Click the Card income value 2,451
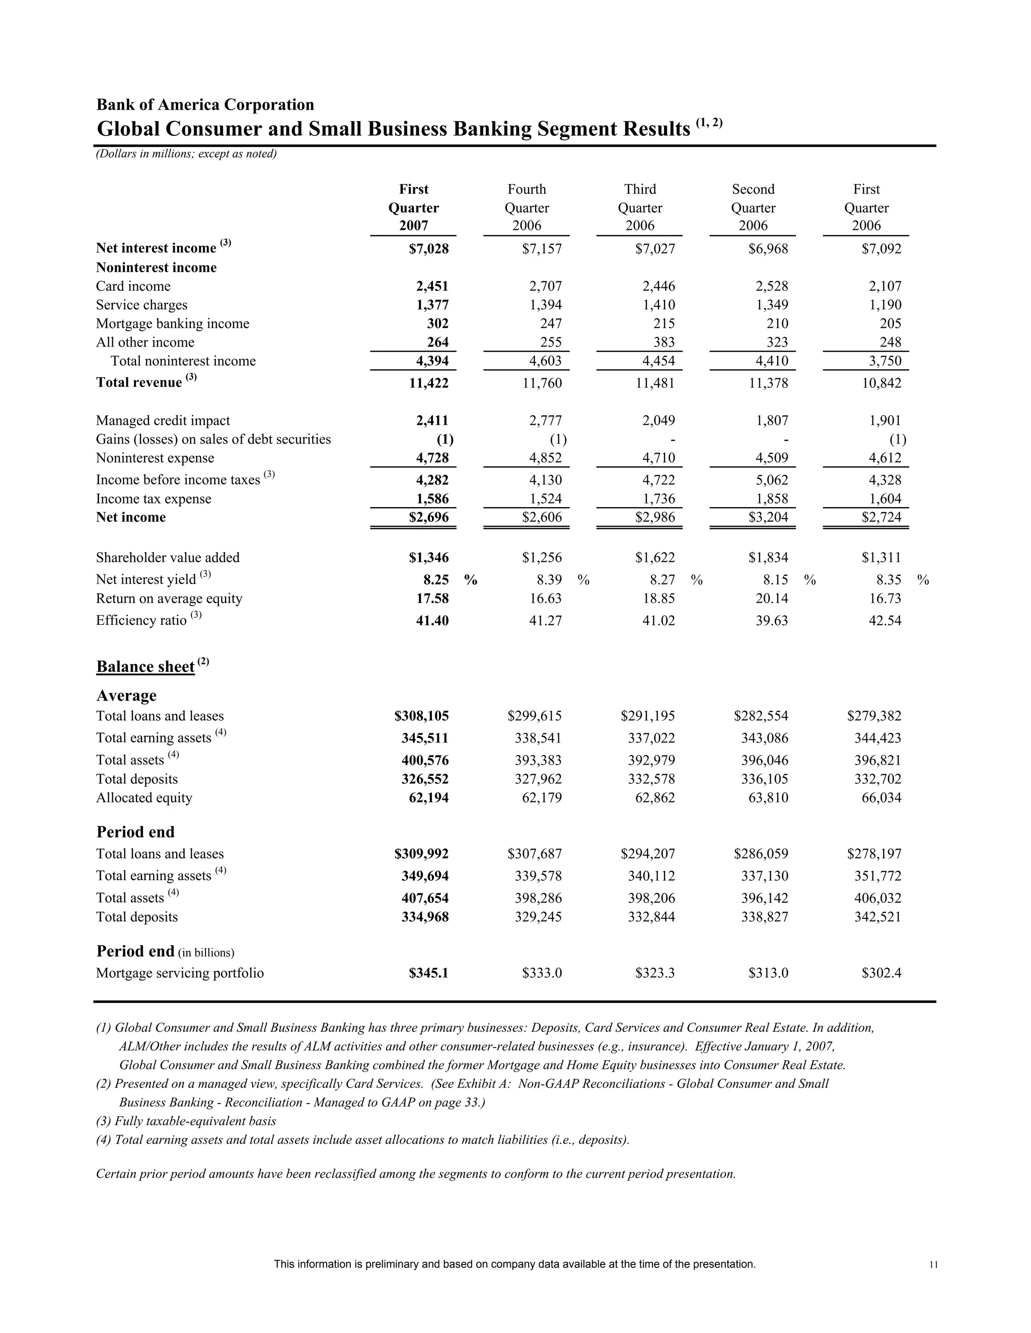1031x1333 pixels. [432, 286]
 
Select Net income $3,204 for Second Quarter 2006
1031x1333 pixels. [768, 518]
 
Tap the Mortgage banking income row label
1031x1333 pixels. [172, 323]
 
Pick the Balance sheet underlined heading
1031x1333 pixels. [145, 666]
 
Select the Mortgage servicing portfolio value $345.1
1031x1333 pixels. [429, 973]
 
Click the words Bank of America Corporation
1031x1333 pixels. [205, 105]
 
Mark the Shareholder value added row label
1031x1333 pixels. [168, 557]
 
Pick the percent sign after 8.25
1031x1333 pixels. [470, 580]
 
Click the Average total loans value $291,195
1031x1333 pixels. [647, 716]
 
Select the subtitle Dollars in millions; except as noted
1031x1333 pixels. [186, 154]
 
